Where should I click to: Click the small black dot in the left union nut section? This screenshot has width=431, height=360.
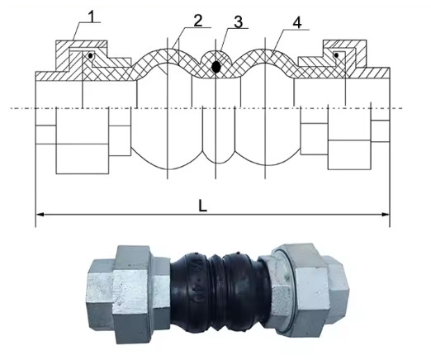point(91,56)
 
